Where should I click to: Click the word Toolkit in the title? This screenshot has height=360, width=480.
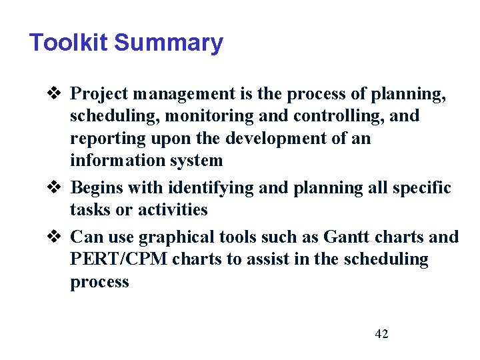click(x=69, y=43)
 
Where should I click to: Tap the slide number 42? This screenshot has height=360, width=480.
click(x=381, y=334)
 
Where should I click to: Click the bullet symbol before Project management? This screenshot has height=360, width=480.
click(x=56, y=93)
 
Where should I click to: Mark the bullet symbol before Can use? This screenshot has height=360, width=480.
click(x=56, y=237)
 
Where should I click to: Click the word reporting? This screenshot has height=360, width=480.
click(x=103, y=139)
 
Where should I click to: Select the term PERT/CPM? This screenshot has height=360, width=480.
click(x=119, y=259)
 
